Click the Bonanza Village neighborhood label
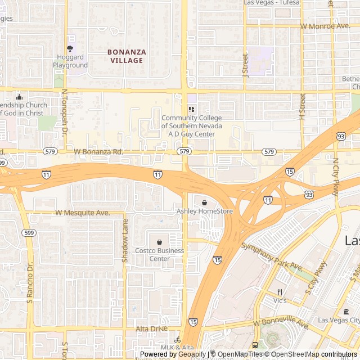[127, 56]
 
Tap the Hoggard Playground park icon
[70, 49]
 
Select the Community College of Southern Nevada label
[192, 126]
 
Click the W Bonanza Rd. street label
[98, 152]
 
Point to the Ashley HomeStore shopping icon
[204, 202]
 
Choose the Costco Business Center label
[160, 254]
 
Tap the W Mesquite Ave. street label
[83, 213]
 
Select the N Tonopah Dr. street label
[65, 110]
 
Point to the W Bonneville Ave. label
[281, 324]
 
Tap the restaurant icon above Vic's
[280, 292]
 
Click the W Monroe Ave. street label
[325, 26]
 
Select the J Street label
[245, 65]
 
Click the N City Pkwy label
[336, 175]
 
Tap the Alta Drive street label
[152, 328]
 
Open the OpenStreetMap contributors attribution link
[312, 354]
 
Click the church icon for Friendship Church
[19, 97]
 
